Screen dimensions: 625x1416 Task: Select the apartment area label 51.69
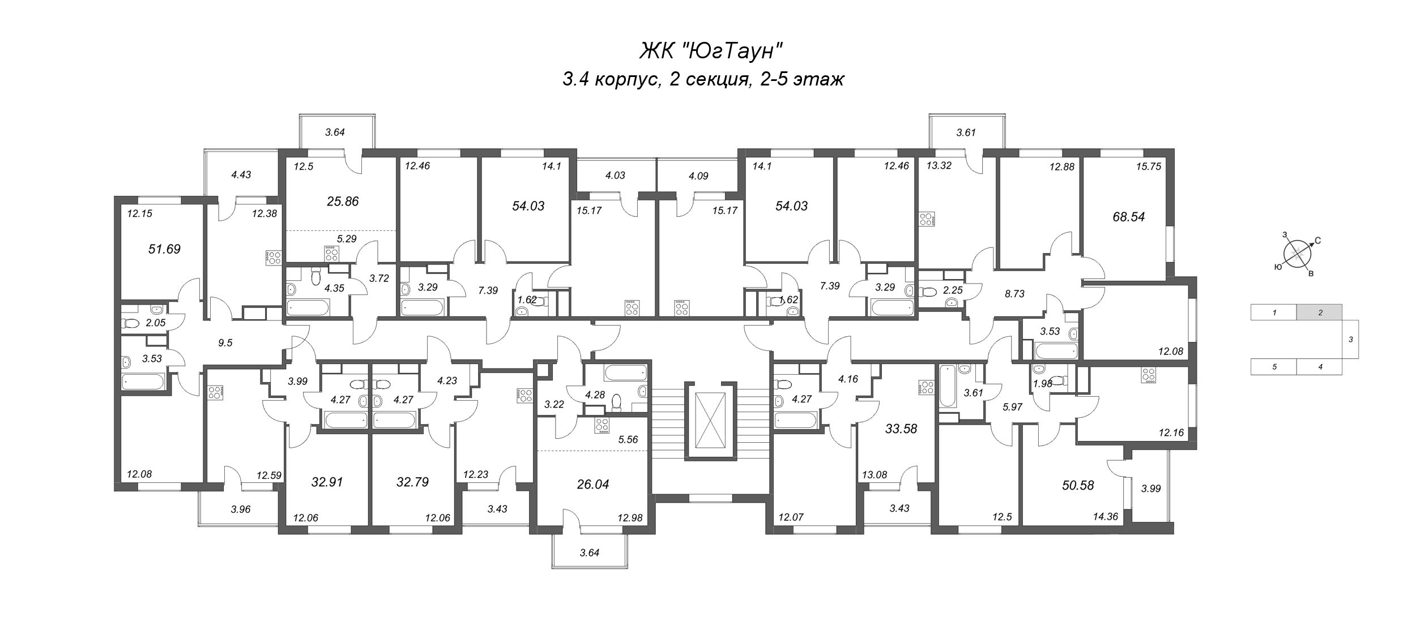164,249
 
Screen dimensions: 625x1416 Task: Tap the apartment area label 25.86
343,201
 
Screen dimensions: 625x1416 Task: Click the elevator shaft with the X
710,422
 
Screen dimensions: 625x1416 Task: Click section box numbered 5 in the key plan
1274,367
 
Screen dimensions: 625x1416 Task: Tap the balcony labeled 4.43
241,175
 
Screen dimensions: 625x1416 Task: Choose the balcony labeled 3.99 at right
1151,488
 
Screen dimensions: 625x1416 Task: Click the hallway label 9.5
225,343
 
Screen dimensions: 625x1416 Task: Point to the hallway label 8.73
1014,294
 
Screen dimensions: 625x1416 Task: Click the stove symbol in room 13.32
927,219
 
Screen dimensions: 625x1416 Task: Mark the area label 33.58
901,429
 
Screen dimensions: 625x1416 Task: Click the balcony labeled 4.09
697,176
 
